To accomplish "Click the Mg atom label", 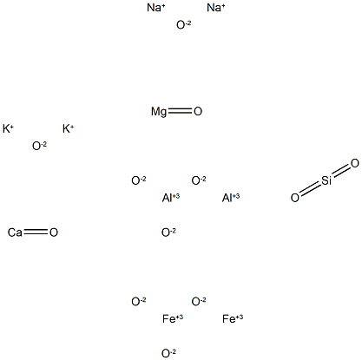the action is (159, 112).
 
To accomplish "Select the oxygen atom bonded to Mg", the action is (198, 111).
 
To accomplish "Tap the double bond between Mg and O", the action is (181, 111).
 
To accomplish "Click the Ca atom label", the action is (15, 232).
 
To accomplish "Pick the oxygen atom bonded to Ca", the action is (54, 232).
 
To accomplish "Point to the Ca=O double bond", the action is (36, 232).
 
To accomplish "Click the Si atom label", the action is (326, 180).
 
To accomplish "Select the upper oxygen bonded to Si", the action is (355, 163).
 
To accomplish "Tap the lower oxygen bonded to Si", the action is (295, 198).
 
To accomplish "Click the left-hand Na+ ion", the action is (156, 8).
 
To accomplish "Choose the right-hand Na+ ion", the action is (216, 8).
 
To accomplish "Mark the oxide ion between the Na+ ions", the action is (184, 25).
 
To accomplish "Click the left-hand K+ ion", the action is (8, 128).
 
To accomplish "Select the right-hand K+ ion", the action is (68, 128).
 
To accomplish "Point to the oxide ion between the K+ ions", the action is (39, 146).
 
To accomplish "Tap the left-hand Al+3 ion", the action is (171, 198).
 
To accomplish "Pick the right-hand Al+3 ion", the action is (231, 198).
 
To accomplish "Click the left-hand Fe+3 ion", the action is (173, 318).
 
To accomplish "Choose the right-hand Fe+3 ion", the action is (233, 318).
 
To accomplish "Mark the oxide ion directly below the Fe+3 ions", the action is (168, 353).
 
